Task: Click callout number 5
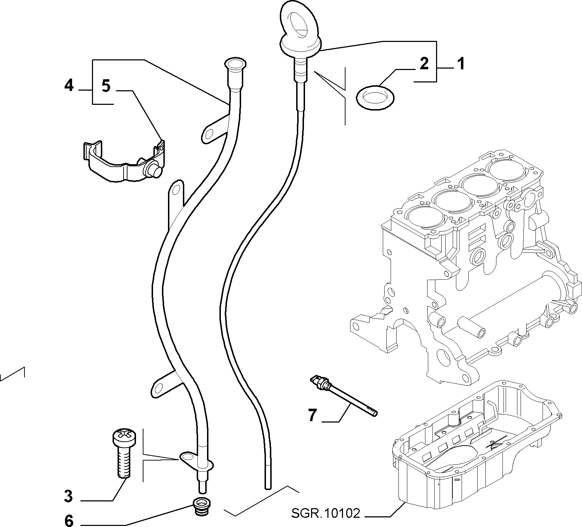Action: pos(106,86)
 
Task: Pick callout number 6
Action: pos(69,521)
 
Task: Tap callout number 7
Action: pos(312,415)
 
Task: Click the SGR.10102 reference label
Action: pos(326,513)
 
